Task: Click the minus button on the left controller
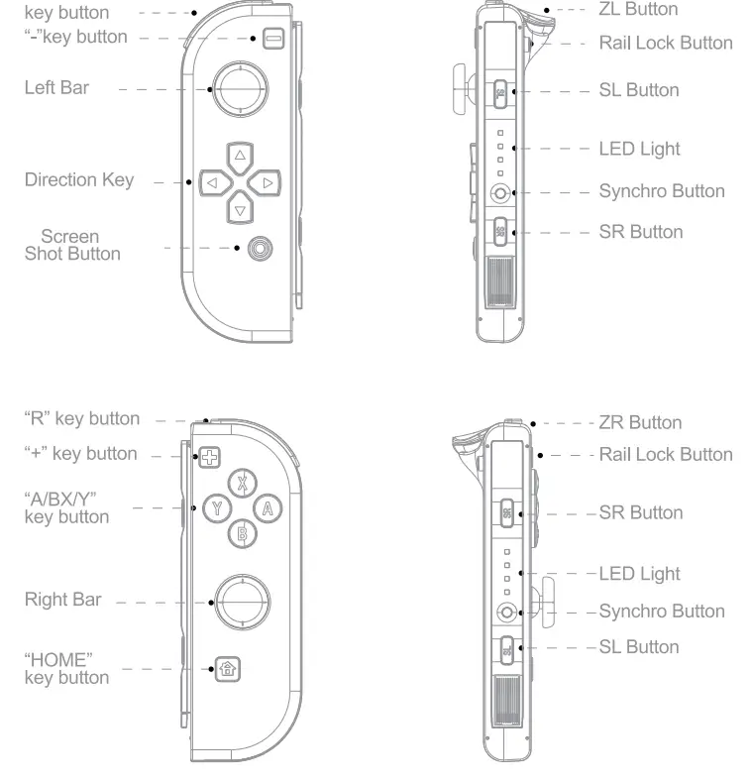click(x=272, y=39)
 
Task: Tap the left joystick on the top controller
click(x=239, y=88)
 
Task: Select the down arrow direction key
click(x=239, y=208)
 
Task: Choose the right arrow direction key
click(x=266, y=182)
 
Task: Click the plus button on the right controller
click(x=209, y=457)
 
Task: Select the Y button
click(x=217, y=509)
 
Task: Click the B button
click(x=243, y=534)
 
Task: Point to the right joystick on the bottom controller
click(x=241, y=601)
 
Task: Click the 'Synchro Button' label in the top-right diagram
click(x=661, y=191)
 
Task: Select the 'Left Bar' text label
click(x=56, y=88)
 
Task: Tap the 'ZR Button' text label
click(x=640, y=422)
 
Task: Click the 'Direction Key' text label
click(x=78, y=180)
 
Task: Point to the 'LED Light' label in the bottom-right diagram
click(x=639, y=573)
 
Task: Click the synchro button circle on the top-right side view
click(x=501, y=192)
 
